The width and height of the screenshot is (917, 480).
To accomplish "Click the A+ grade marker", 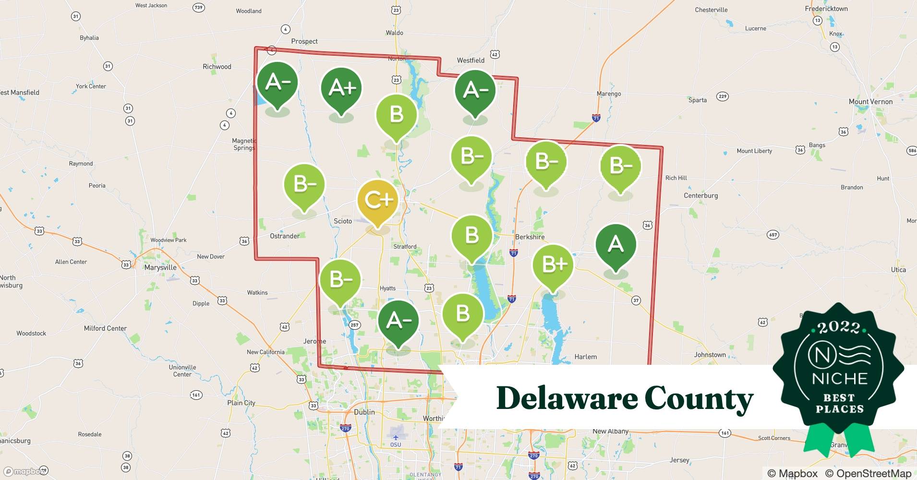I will click(x=341, y=88).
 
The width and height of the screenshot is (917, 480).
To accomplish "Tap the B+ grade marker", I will click(x=553, y=264).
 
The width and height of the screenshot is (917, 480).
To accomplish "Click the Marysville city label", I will click(x=160, y=267).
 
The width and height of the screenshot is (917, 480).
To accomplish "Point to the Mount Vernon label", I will click(x=870, y=102).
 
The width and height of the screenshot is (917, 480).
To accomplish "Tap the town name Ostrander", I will click(x=285, y=236).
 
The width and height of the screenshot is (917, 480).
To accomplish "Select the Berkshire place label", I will click(x=530, y=237).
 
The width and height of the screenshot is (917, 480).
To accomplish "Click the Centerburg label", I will click(x=700, y=195).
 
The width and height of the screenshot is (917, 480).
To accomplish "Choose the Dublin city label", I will click(x=364, y=412).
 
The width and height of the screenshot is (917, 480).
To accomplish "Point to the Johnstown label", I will click(x=710, y=355).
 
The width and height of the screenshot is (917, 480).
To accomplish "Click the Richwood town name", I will click(x=217, y=67).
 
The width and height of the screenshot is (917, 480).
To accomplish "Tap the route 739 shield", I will click(x=198, y=7).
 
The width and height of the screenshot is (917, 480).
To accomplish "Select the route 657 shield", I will click(x=773, y=235).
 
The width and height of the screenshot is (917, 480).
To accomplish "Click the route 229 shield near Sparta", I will click(x=722, y=96).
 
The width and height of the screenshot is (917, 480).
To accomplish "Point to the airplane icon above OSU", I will click(x=395, y=437).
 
